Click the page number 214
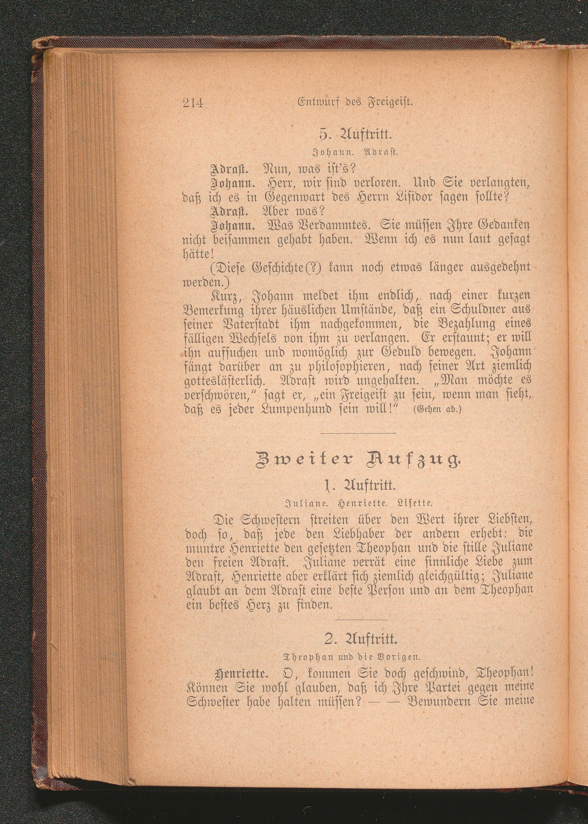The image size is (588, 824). tap(193, 104)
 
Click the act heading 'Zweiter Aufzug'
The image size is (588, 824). tap(358, 462)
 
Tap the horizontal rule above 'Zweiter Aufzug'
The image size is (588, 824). tap(358, 433)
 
